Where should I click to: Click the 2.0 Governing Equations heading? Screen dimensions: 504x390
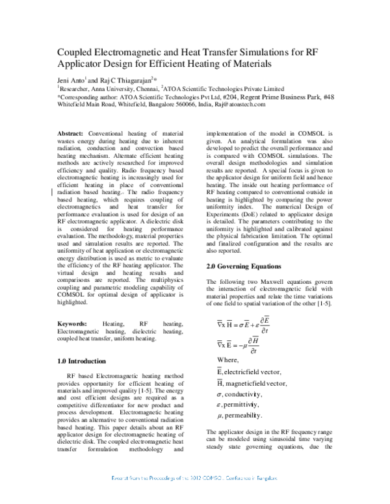coord(243,266)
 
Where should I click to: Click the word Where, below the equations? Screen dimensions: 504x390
coord(227,360)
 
